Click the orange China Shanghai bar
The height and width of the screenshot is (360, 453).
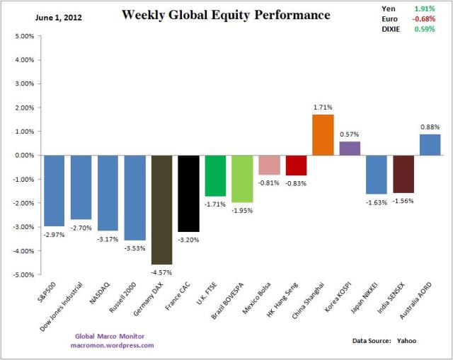pos(323,135)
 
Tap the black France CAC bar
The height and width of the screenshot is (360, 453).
pos(188,193)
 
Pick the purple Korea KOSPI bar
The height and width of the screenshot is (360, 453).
pos(350,149)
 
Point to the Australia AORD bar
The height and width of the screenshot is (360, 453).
pos(430,145)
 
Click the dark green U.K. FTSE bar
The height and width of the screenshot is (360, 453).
pos(215,175)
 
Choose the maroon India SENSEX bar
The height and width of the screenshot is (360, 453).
pos(403,174)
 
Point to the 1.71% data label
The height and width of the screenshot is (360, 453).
pos(323,108)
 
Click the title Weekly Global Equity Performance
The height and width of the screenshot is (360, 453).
pos(226,15)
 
